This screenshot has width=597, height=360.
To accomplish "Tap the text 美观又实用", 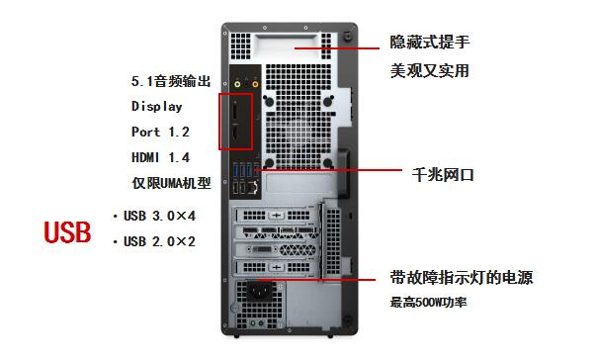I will pos(428,71).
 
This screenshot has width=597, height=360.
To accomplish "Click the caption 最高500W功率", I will pos(428,302).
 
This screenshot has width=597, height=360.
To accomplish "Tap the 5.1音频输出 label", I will pos(171,81).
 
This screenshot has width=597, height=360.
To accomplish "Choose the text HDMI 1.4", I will pos(160,157).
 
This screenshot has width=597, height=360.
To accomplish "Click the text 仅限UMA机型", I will pos(172,183).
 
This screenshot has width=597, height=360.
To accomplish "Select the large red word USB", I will pos(68,233).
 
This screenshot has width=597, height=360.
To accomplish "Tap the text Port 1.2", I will pos(160,132).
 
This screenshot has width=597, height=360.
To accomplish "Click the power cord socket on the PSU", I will pos(262,295).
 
